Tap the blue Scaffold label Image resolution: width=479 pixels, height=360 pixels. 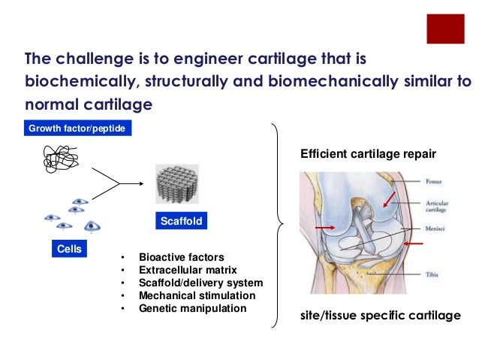[x=181, y=222]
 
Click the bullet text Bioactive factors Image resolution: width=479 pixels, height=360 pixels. [x=181, y=257]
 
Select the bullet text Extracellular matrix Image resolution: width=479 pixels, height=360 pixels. [x=188, y=270]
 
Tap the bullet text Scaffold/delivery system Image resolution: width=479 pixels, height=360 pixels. [x=200, y=283]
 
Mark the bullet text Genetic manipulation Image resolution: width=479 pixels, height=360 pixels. [x=192, y=308]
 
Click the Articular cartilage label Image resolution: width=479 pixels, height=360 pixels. [x=437, y=204]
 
